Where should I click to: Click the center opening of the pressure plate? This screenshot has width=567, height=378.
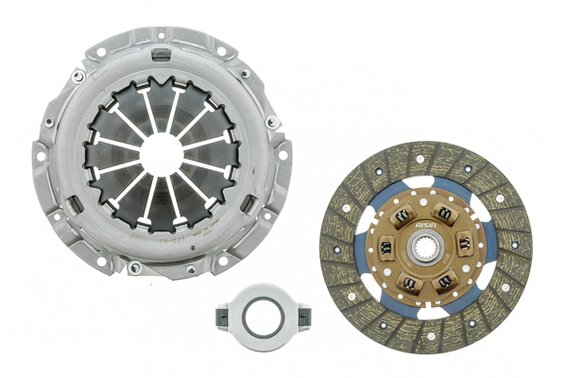coord(163,153)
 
